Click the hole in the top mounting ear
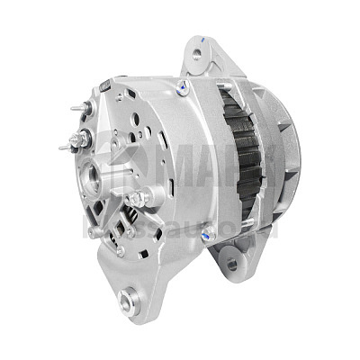197,56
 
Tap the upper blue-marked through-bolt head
183,86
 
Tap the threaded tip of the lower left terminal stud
62,148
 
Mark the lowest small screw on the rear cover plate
120,253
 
